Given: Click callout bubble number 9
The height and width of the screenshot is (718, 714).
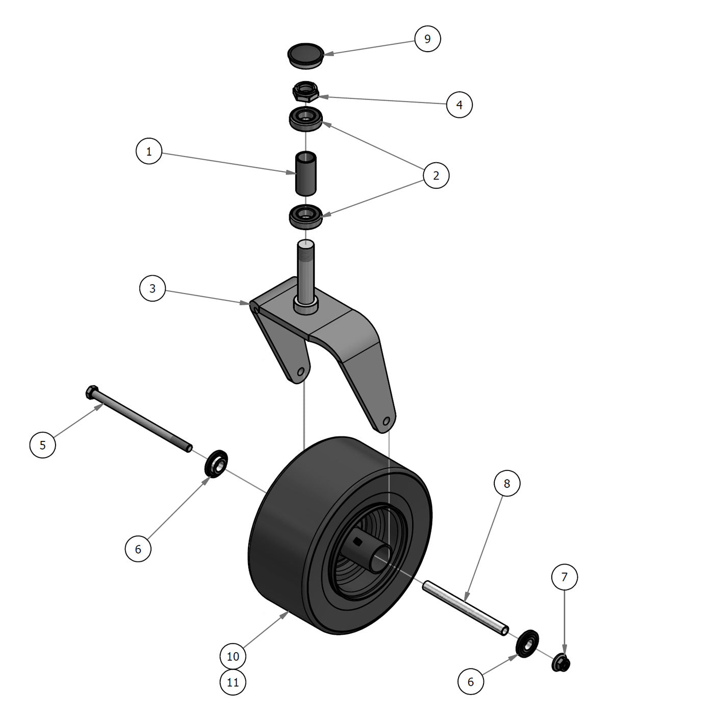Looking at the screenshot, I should [427, 39].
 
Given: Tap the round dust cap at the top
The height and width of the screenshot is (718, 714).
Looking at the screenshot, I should [305, 55].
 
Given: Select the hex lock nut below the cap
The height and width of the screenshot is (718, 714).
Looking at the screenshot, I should [305, 92].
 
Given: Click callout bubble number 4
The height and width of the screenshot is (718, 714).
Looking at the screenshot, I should [459, 105].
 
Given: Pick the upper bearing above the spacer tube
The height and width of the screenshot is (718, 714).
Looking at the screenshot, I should [305, 119].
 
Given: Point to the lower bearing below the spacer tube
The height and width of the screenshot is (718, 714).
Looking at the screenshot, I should [305, 216].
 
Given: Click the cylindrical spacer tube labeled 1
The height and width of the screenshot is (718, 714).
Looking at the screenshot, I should [305, 174].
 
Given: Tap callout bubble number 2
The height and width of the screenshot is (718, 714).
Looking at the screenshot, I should [436, 176].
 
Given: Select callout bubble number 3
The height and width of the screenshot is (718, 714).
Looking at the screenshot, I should [152, 288].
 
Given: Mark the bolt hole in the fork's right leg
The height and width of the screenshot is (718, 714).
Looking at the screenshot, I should [386, 421].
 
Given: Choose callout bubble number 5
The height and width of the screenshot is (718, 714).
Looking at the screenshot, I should [43, 445].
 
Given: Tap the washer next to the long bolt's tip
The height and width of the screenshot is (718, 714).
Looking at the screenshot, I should [216, 464].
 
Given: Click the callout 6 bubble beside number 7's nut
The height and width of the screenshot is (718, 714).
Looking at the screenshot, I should [470, 682].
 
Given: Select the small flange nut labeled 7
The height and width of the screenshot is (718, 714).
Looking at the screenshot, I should [561, 663].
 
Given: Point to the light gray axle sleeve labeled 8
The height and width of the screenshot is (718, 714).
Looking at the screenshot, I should [465, 608].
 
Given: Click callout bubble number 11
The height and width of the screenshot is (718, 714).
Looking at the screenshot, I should [233, 682].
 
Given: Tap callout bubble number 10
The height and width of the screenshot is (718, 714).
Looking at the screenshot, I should [233, 656].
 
